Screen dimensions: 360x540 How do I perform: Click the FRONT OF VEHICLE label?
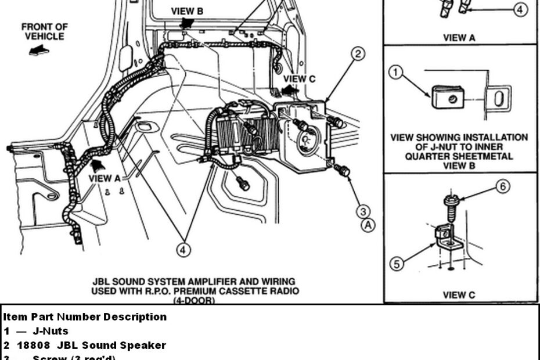(x=44, y=31)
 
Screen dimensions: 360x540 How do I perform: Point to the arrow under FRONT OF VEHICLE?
(x=38, y=51)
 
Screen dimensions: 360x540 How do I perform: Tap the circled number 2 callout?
(x=358, y=54)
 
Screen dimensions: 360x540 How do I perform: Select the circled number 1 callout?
(x=396, y=73)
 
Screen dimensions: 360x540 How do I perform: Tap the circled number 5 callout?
(x=396, y=264)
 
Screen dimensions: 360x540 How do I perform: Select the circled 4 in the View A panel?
(x=521, y=10)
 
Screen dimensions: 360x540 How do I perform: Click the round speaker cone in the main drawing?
(x=308, y=139)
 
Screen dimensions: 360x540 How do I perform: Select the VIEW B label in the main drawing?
(x=187, y=11)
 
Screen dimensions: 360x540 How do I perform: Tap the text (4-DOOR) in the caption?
(x=195, y=300)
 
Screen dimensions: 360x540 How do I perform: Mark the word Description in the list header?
(x=135, y=317)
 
